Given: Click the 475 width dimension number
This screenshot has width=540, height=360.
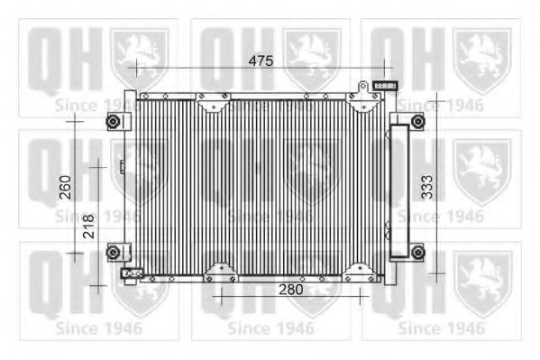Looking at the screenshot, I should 261,60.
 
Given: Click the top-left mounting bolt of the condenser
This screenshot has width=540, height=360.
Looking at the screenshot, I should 113,123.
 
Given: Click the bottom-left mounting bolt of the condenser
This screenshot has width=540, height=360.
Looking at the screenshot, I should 113,252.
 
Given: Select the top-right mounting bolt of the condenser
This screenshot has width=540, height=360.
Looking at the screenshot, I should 417,123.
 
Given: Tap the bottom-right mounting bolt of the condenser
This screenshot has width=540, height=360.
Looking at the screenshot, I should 417,252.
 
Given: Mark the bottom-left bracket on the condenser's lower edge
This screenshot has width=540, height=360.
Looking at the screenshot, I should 219,271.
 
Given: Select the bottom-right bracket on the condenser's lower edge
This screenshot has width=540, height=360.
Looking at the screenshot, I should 360,271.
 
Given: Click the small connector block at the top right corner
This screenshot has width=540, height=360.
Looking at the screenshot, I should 386,86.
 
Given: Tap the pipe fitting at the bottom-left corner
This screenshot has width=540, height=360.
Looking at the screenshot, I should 131,273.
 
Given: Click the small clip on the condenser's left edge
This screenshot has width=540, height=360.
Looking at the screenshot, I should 123,165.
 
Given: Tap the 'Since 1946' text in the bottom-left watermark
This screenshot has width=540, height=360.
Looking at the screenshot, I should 97,327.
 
